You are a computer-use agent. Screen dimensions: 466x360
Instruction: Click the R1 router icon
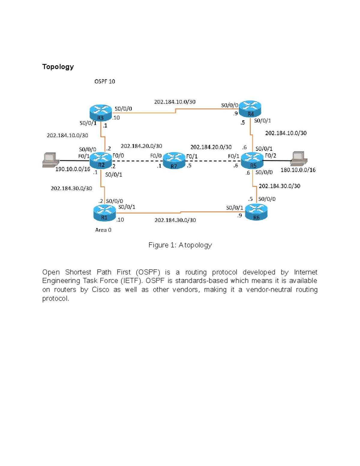click(x=104, y=213)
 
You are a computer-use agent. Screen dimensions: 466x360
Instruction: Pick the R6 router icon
click(x=256, y=212)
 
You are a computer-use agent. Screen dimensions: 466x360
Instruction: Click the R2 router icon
click(x=101, y=161)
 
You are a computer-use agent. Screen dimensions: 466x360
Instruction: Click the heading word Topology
click(x=58, y=67)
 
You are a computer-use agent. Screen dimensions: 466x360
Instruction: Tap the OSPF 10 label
click(x=105, y=81)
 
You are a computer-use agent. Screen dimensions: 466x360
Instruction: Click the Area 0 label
click(x=103, y=230)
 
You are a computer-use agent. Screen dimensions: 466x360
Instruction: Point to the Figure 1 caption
click(x=180, y=245)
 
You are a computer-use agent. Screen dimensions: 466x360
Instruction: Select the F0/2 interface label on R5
click(x=271, y=156)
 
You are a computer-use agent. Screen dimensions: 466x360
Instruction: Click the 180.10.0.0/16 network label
click(x=298, y=170)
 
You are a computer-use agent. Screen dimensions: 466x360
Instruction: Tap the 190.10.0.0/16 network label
click(x=73, y=169)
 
